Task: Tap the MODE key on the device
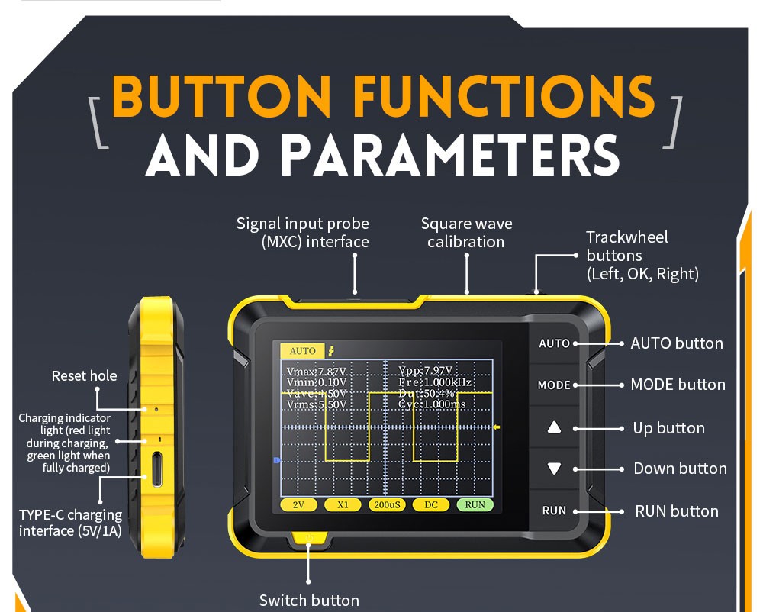[554, 385]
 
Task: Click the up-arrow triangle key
[555, 428]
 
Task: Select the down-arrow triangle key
[555, 469]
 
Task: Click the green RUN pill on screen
[475, 504]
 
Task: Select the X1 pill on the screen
[343, 504]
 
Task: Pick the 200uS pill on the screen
[387, 504]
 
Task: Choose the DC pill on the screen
[431, 504]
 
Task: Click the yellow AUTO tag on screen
[302, 351]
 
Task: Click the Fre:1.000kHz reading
[436, 382]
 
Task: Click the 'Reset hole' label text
[84, 375]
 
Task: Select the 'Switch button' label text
[309, 601]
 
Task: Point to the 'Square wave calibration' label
[466, 233]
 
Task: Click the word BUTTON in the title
[231, 98]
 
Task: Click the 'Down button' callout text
[680, 469]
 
